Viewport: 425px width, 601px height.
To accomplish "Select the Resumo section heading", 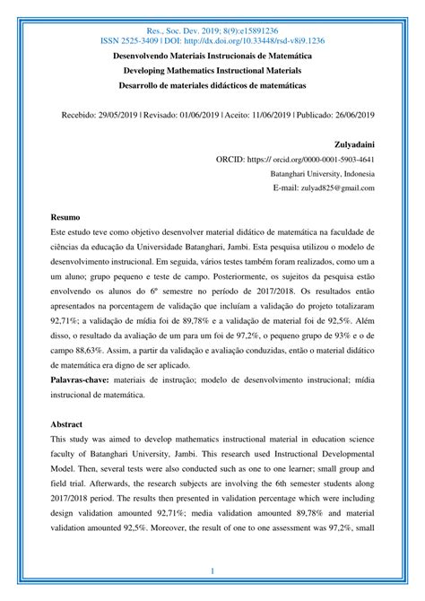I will click(x=65, y=217).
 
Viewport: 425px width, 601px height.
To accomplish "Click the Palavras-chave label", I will click(x=85, y=380).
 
